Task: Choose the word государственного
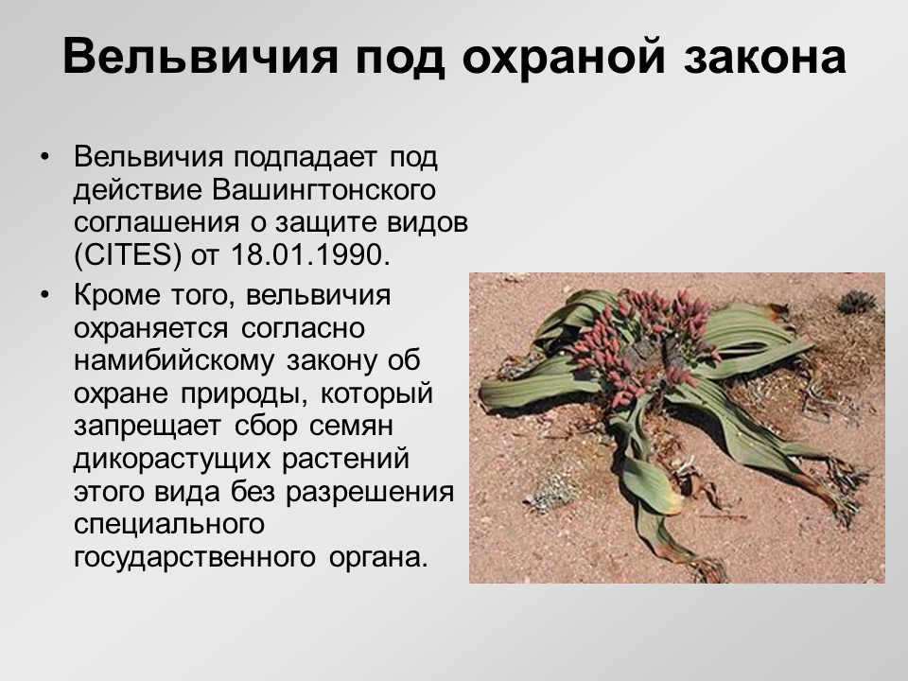(188, 558)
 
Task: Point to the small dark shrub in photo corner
(857, 301)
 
